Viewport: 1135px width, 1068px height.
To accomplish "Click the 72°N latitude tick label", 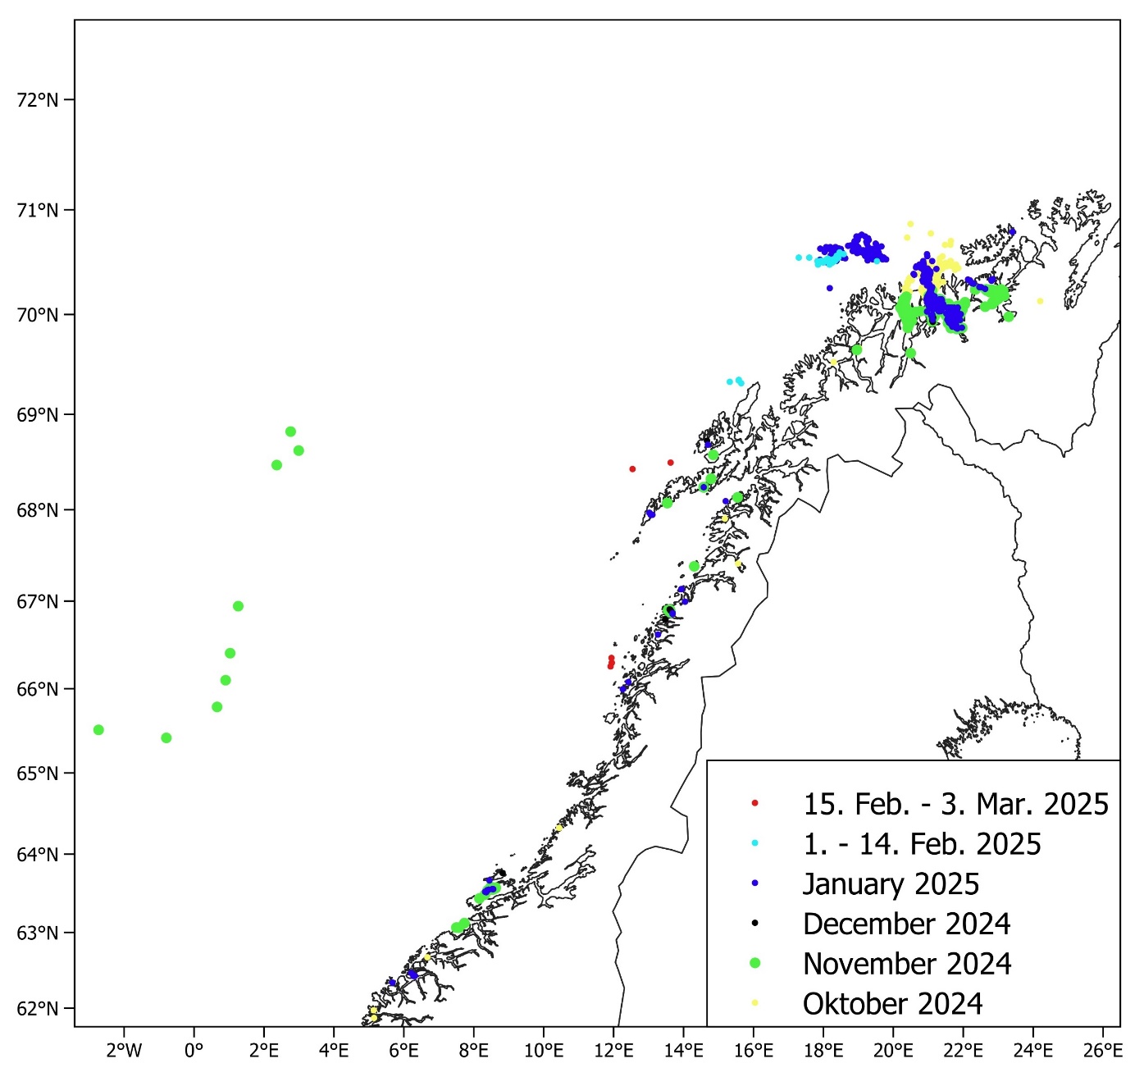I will [x=38, y=101].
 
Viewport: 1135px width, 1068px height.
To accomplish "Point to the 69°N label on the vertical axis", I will [x=38, y=414].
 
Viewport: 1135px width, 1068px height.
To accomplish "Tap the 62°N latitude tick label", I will [x=38, y=1008].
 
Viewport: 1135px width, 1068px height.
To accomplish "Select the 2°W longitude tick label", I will [x=124, y=1050].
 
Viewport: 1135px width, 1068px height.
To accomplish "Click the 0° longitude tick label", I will [x=194, y=1050].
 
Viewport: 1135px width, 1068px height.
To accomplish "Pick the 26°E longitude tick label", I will [x=1103, y=1050].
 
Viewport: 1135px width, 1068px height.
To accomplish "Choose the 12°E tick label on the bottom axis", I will [x=613, y=1050].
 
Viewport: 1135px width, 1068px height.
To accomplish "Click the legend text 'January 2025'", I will [x=891, y=884].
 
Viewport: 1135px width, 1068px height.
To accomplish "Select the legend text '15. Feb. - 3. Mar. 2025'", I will [x=955, y=804].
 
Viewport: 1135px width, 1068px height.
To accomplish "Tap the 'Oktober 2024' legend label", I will [x=892, y=1004].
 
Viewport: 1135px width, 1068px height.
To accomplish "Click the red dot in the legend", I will [x=755, y=803].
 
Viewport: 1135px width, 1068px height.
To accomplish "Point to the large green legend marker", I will [x=755, y=963].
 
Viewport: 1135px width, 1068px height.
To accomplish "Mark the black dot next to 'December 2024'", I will [x=755, y=924].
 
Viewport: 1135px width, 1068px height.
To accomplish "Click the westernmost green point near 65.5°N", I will [x=98, y=729].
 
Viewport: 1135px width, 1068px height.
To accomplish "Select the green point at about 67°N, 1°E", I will [x=238, y=606].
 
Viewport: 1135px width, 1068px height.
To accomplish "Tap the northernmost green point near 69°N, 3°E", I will [x=290, y=431].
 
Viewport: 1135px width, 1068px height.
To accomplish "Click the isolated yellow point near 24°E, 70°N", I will [x=1040, y=301].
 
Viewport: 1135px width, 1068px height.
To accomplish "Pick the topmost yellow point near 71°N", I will [x=909, y=223].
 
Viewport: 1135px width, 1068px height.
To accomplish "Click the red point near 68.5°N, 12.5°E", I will [x=632, y=469].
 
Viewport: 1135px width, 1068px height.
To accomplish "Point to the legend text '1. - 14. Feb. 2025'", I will [x=922, y=844].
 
